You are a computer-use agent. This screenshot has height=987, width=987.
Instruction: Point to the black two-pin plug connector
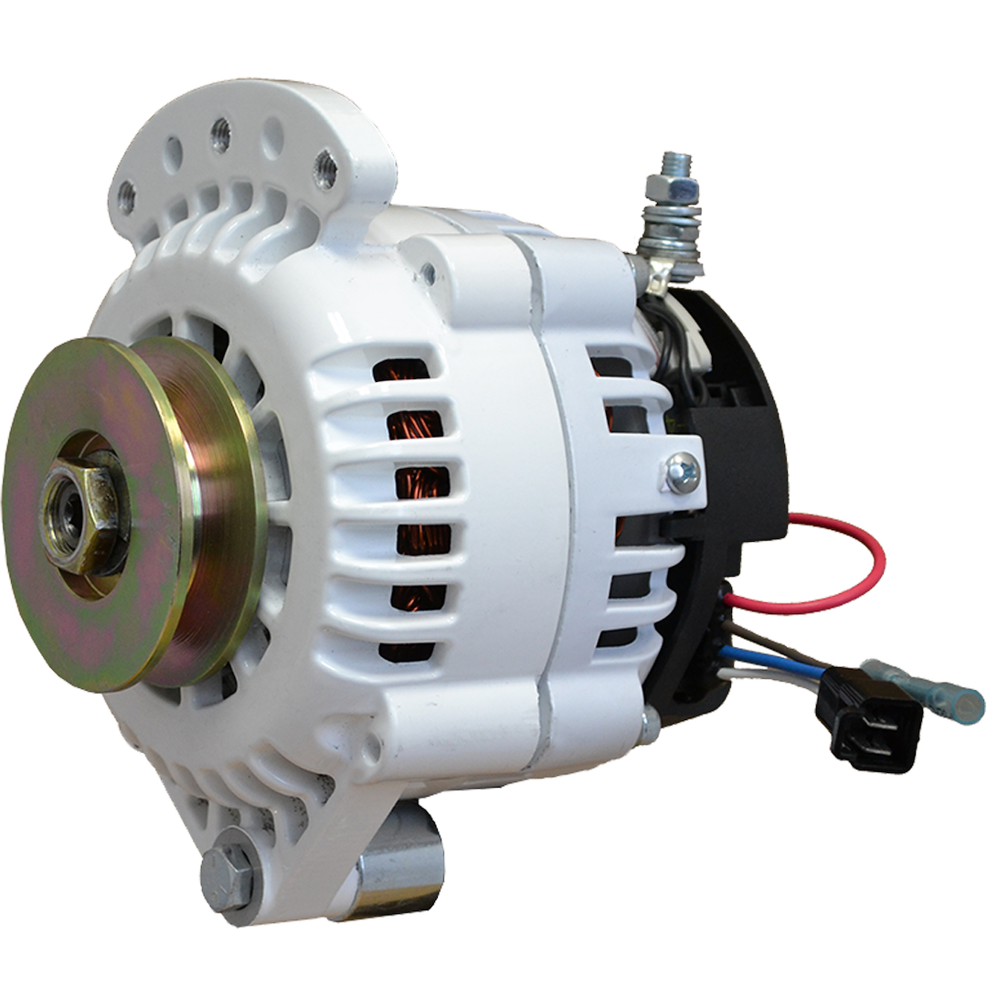click(x=856, y=731)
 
